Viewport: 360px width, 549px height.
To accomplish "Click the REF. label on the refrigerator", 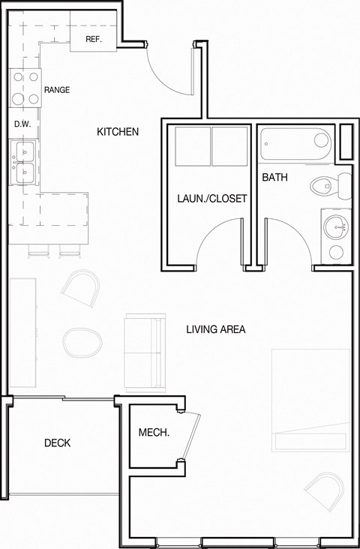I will coord(94,39).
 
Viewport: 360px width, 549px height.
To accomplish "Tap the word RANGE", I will coord(57,90).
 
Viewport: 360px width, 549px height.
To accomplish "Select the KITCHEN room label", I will coord(118,132).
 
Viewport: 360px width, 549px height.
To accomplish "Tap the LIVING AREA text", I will coord(216,329).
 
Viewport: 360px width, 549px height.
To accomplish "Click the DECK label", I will coord(57,443).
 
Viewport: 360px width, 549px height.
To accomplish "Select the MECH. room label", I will coord(154,433).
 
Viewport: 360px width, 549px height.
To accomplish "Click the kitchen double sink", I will coord(23,163).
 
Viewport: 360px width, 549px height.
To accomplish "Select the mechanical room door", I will coord(194,435).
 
